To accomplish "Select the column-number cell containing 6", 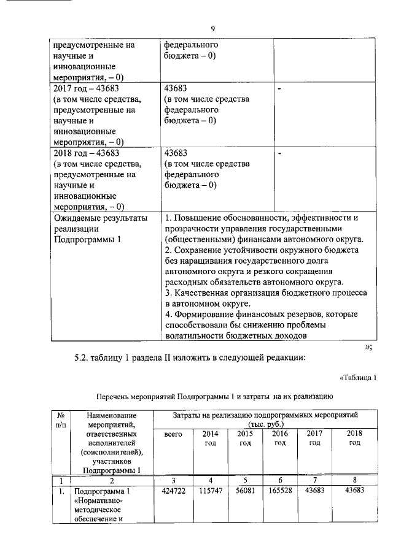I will (279, 480).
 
